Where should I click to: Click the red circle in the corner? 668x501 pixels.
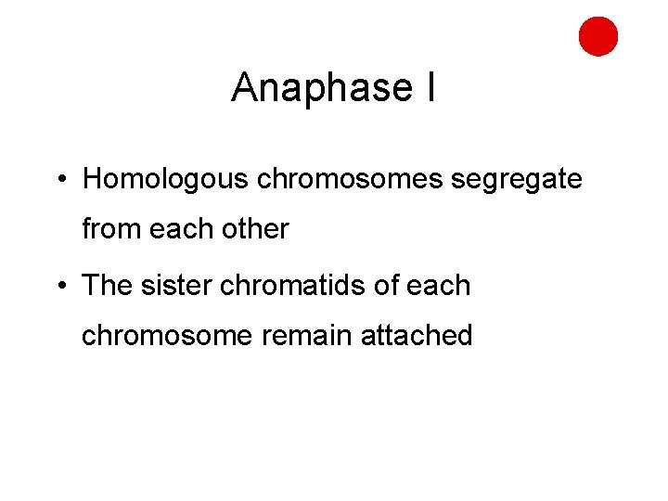(x=598, y=36)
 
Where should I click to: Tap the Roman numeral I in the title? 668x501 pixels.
(x=430, y=88)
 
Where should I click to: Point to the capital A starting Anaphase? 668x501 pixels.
(x=244, y=88)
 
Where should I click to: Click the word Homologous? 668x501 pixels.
(x=165, y=179)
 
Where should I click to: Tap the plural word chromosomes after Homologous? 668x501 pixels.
(x=350, y=179)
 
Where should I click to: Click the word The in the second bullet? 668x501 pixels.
(x=108, y=286)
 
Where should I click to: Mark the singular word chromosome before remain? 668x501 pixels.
(x=167, y=335)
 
